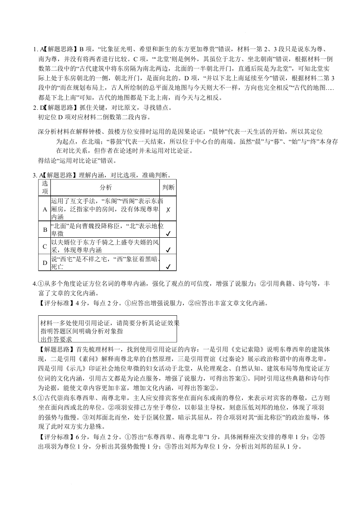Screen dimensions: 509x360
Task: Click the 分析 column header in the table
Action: point(105,187)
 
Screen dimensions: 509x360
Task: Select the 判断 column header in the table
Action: point(168,187)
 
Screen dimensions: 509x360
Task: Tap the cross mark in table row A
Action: point(168,210)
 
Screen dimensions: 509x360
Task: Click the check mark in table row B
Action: point(168,234)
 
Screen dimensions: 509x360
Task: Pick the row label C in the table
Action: point(45,246)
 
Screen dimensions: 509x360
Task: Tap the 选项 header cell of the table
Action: point(45,187)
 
